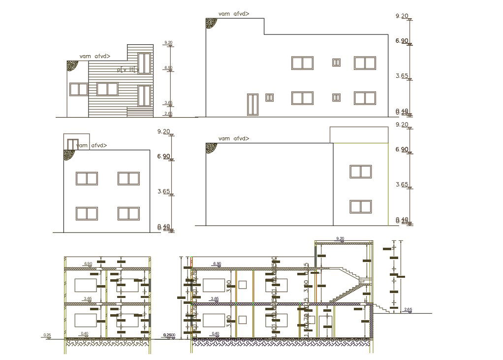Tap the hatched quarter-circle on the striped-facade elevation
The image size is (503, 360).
click(x=72, y=65)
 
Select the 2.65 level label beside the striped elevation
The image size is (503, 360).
click(x=168, y=114)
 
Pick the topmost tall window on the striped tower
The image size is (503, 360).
click(x=144, y=64)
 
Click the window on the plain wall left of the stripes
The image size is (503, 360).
click(x=78, y=89)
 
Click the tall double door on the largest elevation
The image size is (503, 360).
click(x=252, y=104)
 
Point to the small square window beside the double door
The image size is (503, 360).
click(x=270, y=98)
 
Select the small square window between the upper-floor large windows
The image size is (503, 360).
click(x=337, y=63)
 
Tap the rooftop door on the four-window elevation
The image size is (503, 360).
click(x=73, y=144)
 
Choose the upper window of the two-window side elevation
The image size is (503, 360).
click(x=360, y=171)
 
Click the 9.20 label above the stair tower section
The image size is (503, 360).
click(x=340, y=239)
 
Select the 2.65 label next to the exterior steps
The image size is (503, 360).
click(x=408, y=310)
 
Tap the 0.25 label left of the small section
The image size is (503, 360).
click(x=47, y=335)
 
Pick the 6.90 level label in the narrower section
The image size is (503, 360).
click(x=88, y=264)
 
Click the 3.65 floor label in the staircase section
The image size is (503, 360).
click(x=214, y=298)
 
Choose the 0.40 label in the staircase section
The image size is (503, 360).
click(x=215, y=334)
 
